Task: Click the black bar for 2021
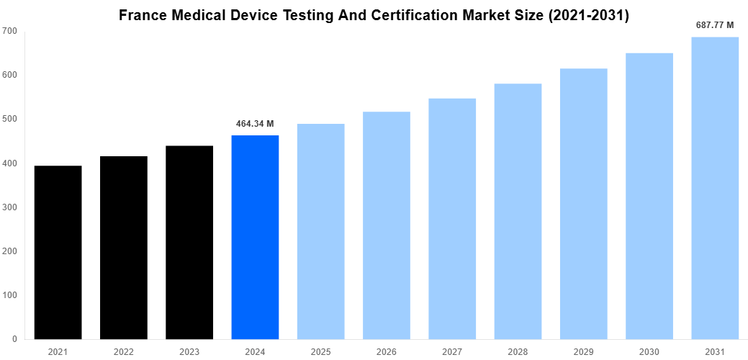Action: (58, 252)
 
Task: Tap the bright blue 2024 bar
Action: (255, 237)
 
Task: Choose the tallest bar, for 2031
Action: (715, 188)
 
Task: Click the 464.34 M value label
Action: (255, 124)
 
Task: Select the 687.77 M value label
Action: (715, 25)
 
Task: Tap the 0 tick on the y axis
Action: (14, 339)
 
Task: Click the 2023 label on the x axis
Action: (189, 351)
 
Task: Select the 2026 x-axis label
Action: (387, 351)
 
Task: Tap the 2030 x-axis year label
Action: (649, 351)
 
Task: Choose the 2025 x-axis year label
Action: (320, 351)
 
